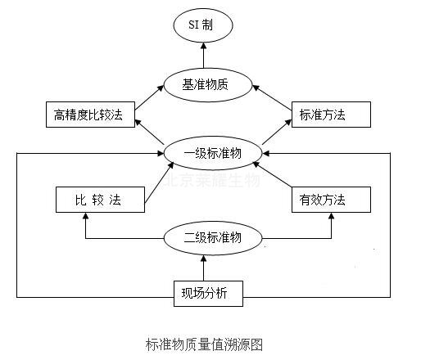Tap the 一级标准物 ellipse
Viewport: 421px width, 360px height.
213,153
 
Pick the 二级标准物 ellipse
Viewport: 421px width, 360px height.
213,239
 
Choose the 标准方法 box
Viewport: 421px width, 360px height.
330,115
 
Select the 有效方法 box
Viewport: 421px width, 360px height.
330,199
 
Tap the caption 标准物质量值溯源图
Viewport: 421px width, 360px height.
205,343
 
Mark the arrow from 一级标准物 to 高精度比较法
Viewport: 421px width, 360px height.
147,133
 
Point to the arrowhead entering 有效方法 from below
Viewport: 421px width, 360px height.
331,218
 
